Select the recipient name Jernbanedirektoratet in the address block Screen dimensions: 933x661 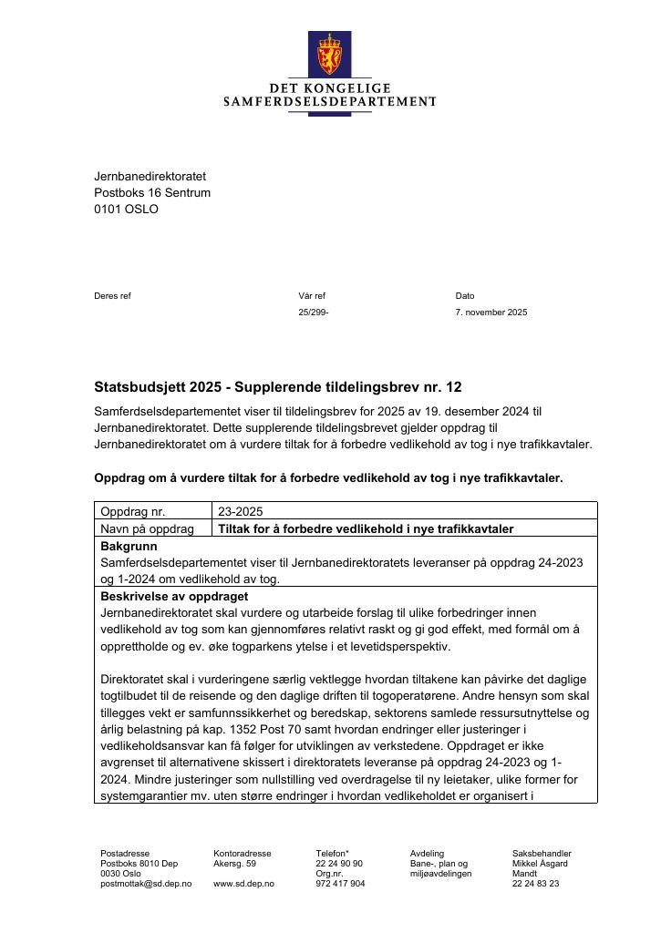click(x=150, y=176)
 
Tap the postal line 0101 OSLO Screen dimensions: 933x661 click(x=126, y=209)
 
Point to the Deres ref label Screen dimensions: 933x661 click(x=112, y=296)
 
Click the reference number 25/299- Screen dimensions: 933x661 click(x=313, y=313)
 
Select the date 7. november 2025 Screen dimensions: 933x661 click(x=491, y=313)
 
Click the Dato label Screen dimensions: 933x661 click(x=465, y=296)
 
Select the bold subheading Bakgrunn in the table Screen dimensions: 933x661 click(x=129, y=547)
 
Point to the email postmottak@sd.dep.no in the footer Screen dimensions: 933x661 click(x=146, y=884)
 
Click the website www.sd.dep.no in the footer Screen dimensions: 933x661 click(x=242, y=884)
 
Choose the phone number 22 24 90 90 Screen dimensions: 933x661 click(x=339, y=864)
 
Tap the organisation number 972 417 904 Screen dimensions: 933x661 click(x=340, y=884)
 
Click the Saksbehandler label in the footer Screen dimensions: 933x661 click(x=542, y=854)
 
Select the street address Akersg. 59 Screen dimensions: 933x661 click(x=235, y=864)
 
